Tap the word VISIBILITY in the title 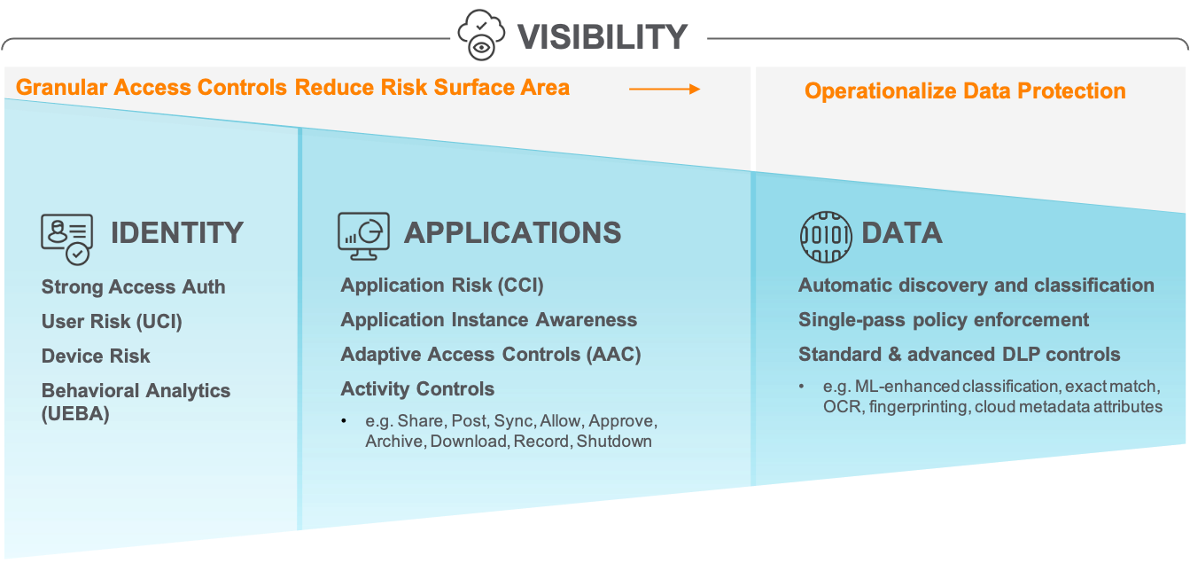coord(603,36)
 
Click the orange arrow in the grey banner coord(665,89)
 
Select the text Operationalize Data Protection coord(965,90)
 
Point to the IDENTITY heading coord(176,232)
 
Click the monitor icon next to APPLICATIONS coord(363,235)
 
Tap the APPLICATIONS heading coord(512,232)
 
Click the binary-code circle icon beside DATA coord(825,236)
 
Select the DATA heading coord(901,232)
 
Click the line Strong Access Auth coord(133,287)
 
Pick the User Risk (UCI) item coord(112,322)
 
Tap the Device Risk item coord(96,356)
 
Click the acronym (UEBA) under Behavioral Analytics coord(75,414)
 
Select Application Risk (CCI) coord(442,286)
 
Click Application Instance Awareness coord(488,320)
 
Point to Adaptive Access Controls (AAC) coord(490,355)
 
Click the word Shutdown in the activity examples coord(614,441)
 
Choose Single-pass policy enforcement coord(944,320)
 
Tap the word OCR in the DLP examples coord(840,407)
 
